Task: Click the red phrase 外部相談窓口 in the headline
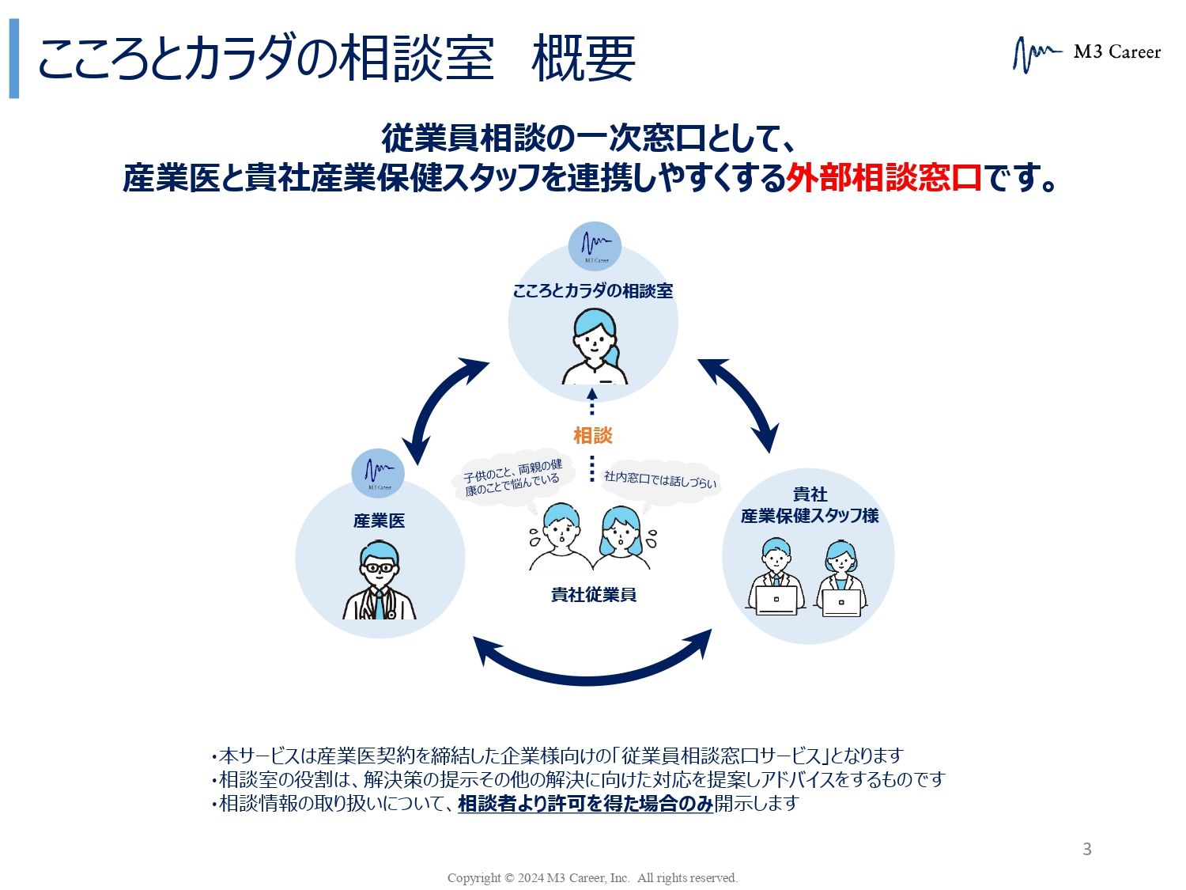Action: [x=883, y=177]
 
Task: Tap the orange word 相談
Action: [x=592, y=435]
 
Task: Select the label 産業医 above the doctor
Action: [x=379, y=521]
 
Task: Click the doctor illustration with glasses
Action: [x=380, y=581]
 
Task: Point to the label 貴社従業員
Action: [x=593, y=594]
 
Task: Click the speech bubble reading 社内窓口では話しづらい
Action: [x=660, y=479]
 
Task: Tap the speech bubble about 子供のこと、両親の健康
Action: [x=512, y=478]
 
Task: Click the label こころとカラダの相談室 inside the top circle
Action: [x=593, y=291]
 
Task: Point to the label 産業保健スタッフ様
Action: [x=810, y=515]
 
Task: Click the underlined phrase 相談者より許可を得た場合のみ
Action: [x=585, y=804]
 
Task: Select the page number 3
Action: [x=1086, y=850]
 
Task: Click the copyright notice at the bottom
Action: [x=592, y=877]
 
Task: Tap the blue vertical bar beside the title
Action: [x=13, y=59]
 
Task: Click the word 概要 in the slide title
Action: [x=584, y=59]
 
